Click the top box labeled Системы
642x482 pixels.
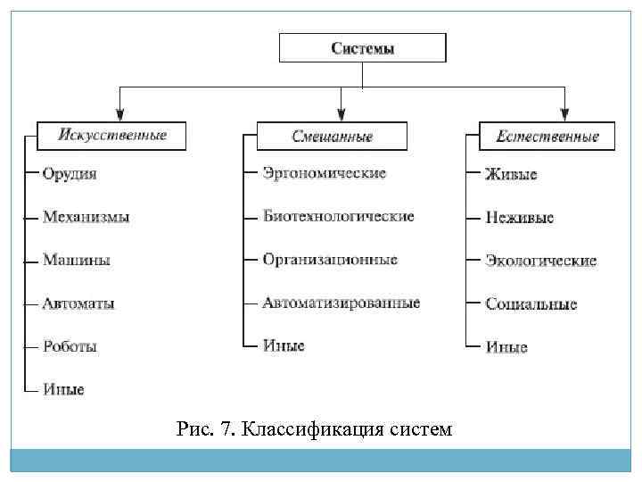pos(363,48)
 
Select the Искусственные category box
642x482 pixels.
pos(113,136)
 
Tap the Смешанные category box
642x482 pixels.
pos(332,137)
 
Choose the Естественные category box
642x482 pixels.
pos(547,137)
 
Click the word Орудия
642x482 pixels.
pos(70,174)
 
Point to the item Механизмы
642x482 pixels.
pos(86,217)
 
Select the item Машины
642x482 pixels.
pos(77,261)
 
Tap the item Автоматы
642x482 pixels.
pos(78,303)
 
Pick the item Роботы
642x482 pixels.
pos(70,346)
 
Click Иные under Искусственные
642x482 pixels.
pos(63,389)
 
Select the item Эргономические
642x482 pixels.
pos(325,173)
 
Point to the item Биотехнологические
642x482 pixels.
pos(338,217)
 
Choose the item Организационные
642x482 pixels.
pos(330,260)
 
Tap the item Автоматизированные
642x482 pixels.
pos(341,303)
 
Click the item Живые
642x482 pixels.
pos(511,174)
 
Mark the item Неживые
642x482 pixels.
pos(519,217)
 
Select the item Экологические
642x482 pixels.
pos(540,261)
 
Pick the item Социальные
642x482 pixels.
pos(531,303)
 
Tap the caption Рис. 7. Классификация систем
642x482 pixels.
pos(315,430)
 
